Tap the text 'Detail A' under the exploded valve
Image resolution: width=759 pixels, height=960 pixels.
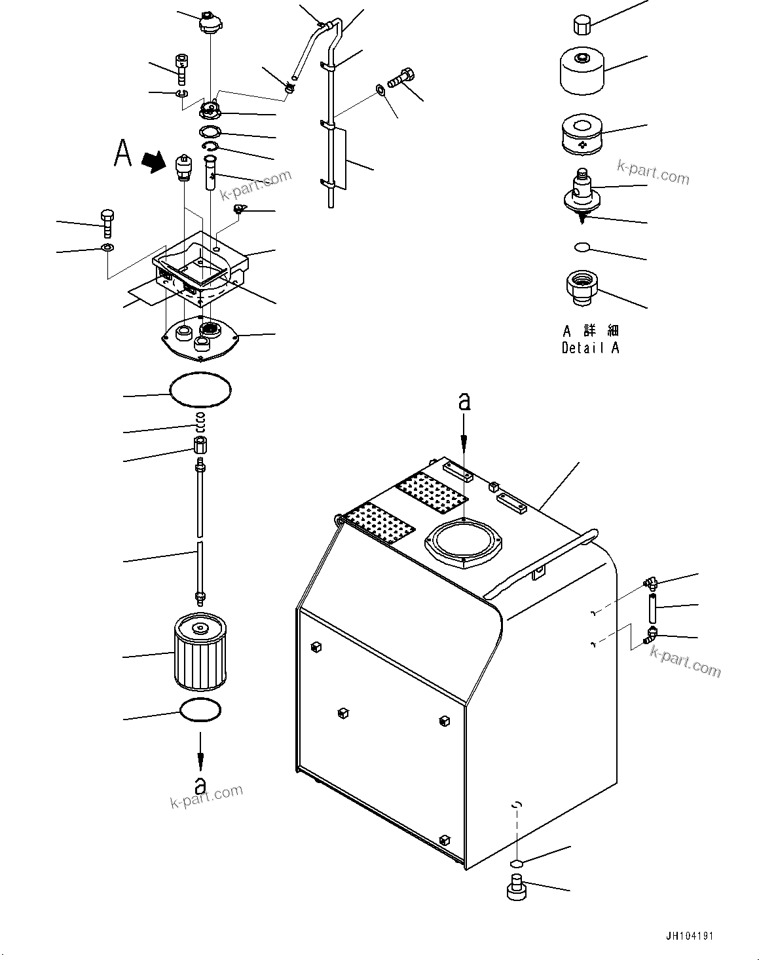[x=590, y=348]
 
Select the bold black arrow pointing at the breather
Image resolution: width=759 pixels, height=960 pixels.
[x=155, y=161]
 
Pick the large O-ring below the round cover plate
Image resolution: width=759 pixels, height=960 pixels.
[x=201, y=391]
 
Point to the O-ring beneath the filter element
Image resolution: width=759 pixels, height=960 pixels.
[x=200, y=710]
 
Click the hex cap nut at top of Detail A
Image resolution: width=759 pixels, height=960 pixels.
[x=580, y=25]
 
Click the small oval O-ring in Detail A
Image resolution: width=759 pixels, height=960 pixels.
[x=581, y=246]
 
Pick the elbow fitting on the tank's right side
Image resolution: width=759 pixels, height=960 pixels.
[x=651, y=634]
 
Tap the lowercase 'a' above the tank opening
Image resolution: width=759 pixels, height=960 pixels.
[x=464, y=401]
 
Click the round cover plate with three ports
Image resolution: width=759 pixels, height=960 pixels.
[x=200, y=336]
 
